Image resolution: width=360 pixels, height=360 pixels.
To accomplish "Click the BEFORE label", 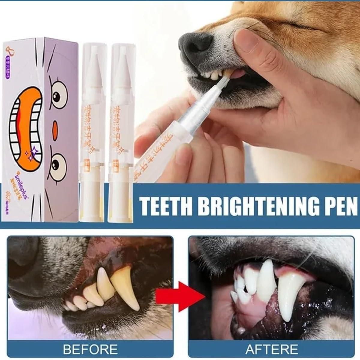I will (91, 349).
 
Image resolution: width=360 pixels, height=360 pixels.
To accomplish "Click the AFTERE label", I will (271, 349).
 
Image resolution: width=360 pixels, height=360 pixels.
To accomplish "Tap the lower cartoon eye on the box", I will (56, 162).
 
